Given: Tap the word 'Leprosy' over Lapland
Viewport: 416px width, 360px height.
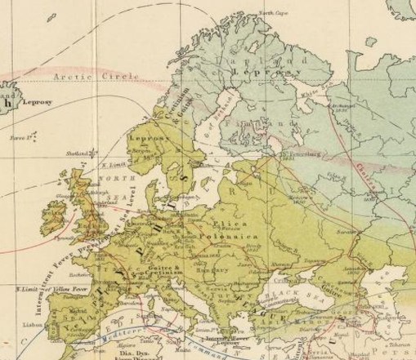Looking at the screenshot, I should [257, 73].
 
